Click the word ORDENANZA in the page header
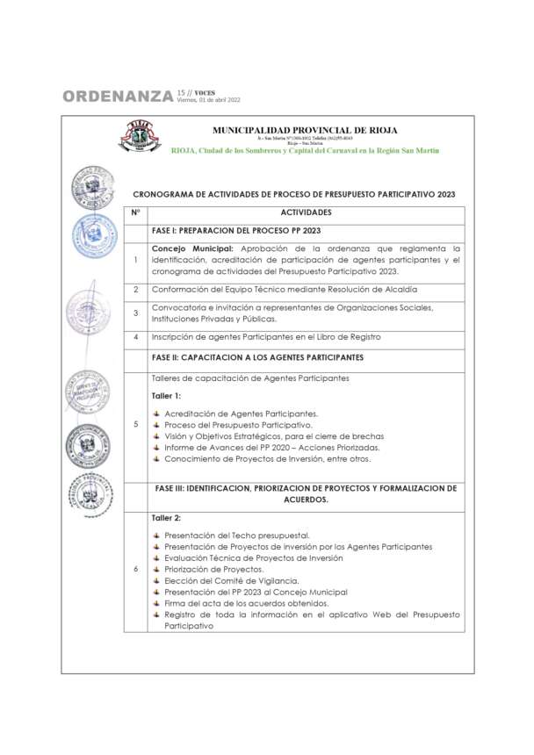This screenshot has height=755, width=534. (x=118, y=97)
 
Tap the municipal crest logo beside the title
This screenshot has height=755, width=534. (x=140, y=137)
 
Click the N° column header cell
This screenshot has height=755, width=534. (x=135, y=212)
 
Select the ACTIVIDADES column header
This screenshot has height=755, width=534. (x=306, y=212)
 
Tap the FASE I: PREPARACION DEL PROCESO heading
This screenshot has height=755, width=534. (x=236, y=231)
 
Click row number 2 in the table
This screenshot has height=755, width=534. (x=135, y=290)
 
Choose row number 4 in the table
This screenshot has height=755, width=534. (x=135, y=337)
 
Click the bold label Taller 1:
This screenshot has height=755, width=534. (x=167, y=396)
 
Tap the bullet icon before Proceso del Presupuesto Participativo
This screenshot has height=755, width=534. (x=157, y=425)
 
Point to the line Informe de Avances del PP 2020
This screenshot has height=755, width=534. (x=263, y=447)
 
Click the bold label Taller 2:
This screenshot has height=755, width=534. (x=167, y=518)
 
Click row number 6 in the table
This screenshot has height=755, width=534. (x=135, y=569)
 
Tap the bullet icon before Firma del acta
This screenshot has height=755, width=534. (x=157, y=603)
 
